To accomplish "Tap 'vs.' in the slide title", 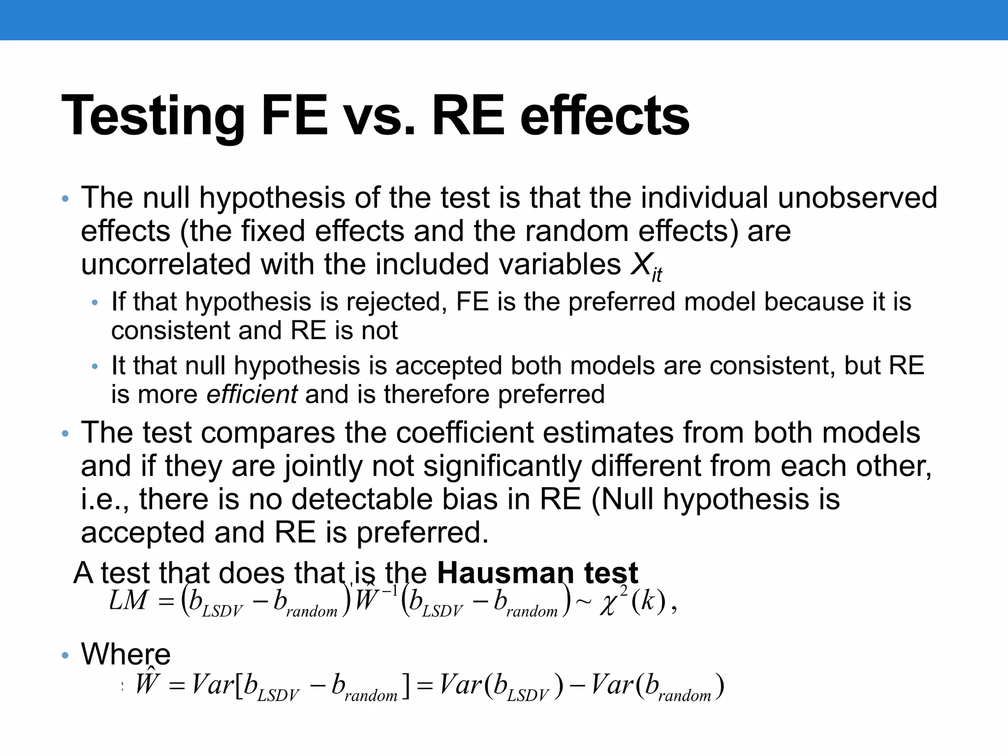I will pos(378,116).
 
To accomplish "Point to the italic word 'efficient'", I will pos(252,394).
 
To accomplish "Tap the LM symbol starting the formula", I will pos(128,600).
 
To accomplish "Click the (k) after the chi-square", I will pos(649,601).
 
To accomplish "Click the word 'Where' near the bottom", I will pos(126,654).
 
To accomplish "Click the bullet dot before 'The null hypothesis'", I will pos(65,199).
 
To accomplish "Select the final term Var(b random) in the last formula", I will pos(658,686).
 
